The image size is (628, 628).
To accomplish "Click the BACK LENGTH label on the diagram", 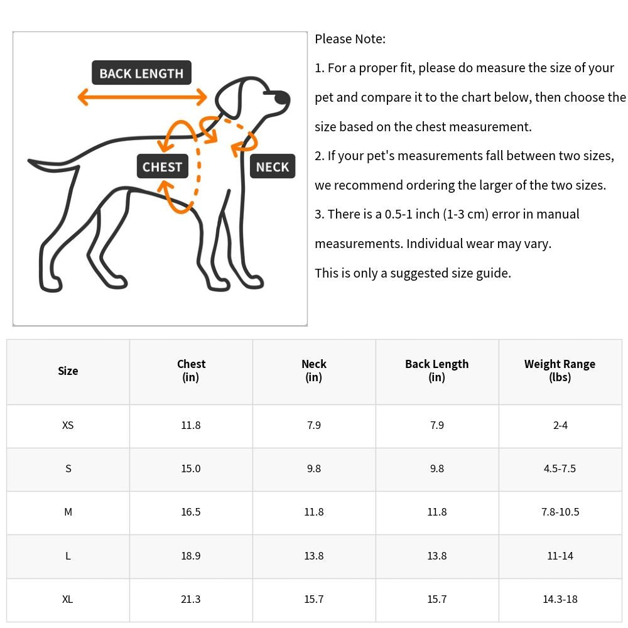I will tap(141, 73).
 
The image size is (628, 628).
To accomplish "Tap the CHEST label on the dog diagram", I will tap(162, 166).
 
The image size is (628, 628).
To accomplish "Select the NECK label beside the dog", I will tap(272, 166).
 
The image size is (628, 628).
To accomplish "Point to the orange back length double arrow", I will tap(142, 97).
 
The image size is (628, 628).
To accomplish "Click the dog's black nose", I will tap(282, 98).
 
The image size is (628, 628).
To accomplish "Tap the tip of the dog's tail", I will tap(31, 163).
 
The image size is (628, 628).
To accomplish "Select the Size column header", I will tap(68, 371).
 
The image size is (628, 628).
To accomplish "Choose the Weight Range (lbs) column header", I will tap(560, 371).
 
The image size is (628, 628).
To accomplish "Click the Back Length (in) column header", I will tap(436, 371).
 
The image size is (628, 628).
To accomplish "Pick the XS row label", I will tap(68, 425).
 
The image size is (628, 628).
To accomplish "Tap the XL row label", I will tap(68, 599).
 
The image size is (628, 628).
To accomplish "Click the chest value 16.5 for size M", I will tap(191, 512).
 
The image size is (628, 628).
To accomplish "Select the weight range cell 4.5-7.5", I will tap(560, 468).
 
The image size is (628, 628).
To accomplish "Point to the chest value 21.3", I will tap(191, 599).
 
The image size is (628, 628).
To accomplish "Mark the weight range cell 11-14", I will tap(560, 556).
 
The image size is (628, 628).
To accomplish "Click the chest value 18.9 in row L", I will tap(191, 556).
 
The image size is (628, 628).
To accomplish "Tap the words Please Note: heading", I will tap(350, 39).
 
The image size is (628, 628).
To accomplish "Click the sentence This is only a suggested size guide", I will tap(413, 273).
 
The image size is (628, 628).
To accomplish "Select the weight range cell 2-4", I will tap(560, 425).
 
